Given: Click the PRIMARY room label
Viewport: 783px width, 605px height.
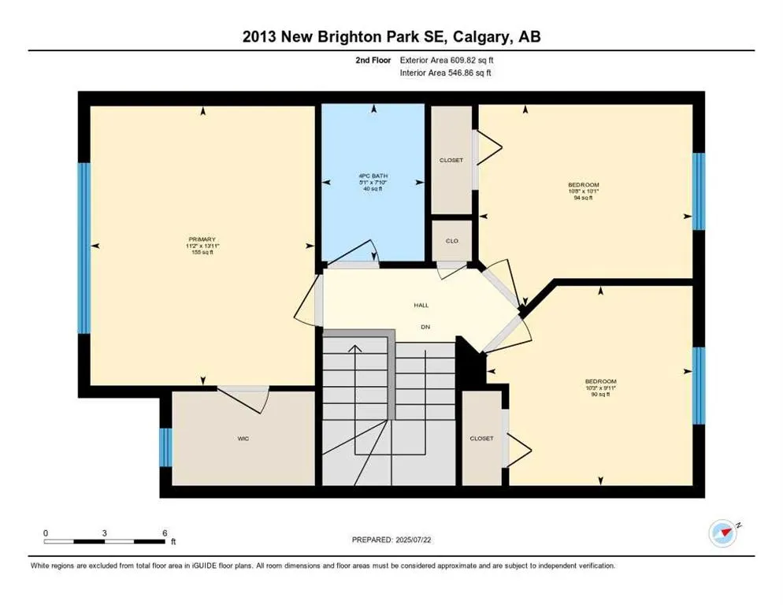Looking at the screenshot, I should point(202,239).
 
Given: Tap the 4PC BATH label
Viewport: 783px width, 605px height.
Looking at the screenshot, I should point(372,176).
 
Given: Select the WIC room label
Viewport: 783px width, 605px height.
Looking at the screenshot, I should point(243,438).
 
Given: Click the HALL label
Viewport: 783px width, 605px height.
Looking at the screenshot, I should point(421,305).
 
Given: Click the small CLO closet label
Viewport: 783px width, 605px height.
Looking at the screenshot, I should point(451,241).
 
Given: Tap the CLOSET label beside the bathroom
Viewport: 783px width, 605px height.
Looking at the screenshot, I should point(451,160).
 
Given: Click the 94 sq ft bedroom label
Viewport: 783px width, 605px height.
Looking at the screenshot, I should point(582,191).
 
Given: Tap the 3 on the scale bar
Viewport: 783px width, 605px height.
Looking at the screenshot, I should point(105,533).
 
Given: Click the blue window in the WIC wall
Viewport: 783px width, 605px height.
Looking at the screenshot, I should point(165,447).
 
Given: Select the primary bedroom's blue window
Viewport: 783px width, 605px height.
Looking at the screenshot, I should point(83,247).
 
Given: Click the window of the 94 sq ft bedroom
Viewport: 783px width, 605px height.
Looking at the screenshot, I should point(698,191).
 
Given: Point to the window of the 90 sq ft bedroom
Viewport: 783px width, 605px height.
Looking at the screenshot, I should point(698,385).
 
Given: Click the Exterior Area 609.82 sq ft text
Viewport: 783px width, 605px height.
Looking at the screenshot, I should point(447,59).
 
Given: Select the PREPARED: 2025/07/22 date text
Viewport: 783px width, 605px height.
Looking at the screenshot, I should point(391,540).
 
